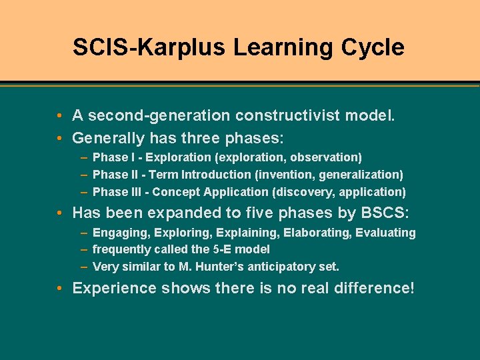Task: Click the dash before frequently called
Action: coord(84,249)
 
